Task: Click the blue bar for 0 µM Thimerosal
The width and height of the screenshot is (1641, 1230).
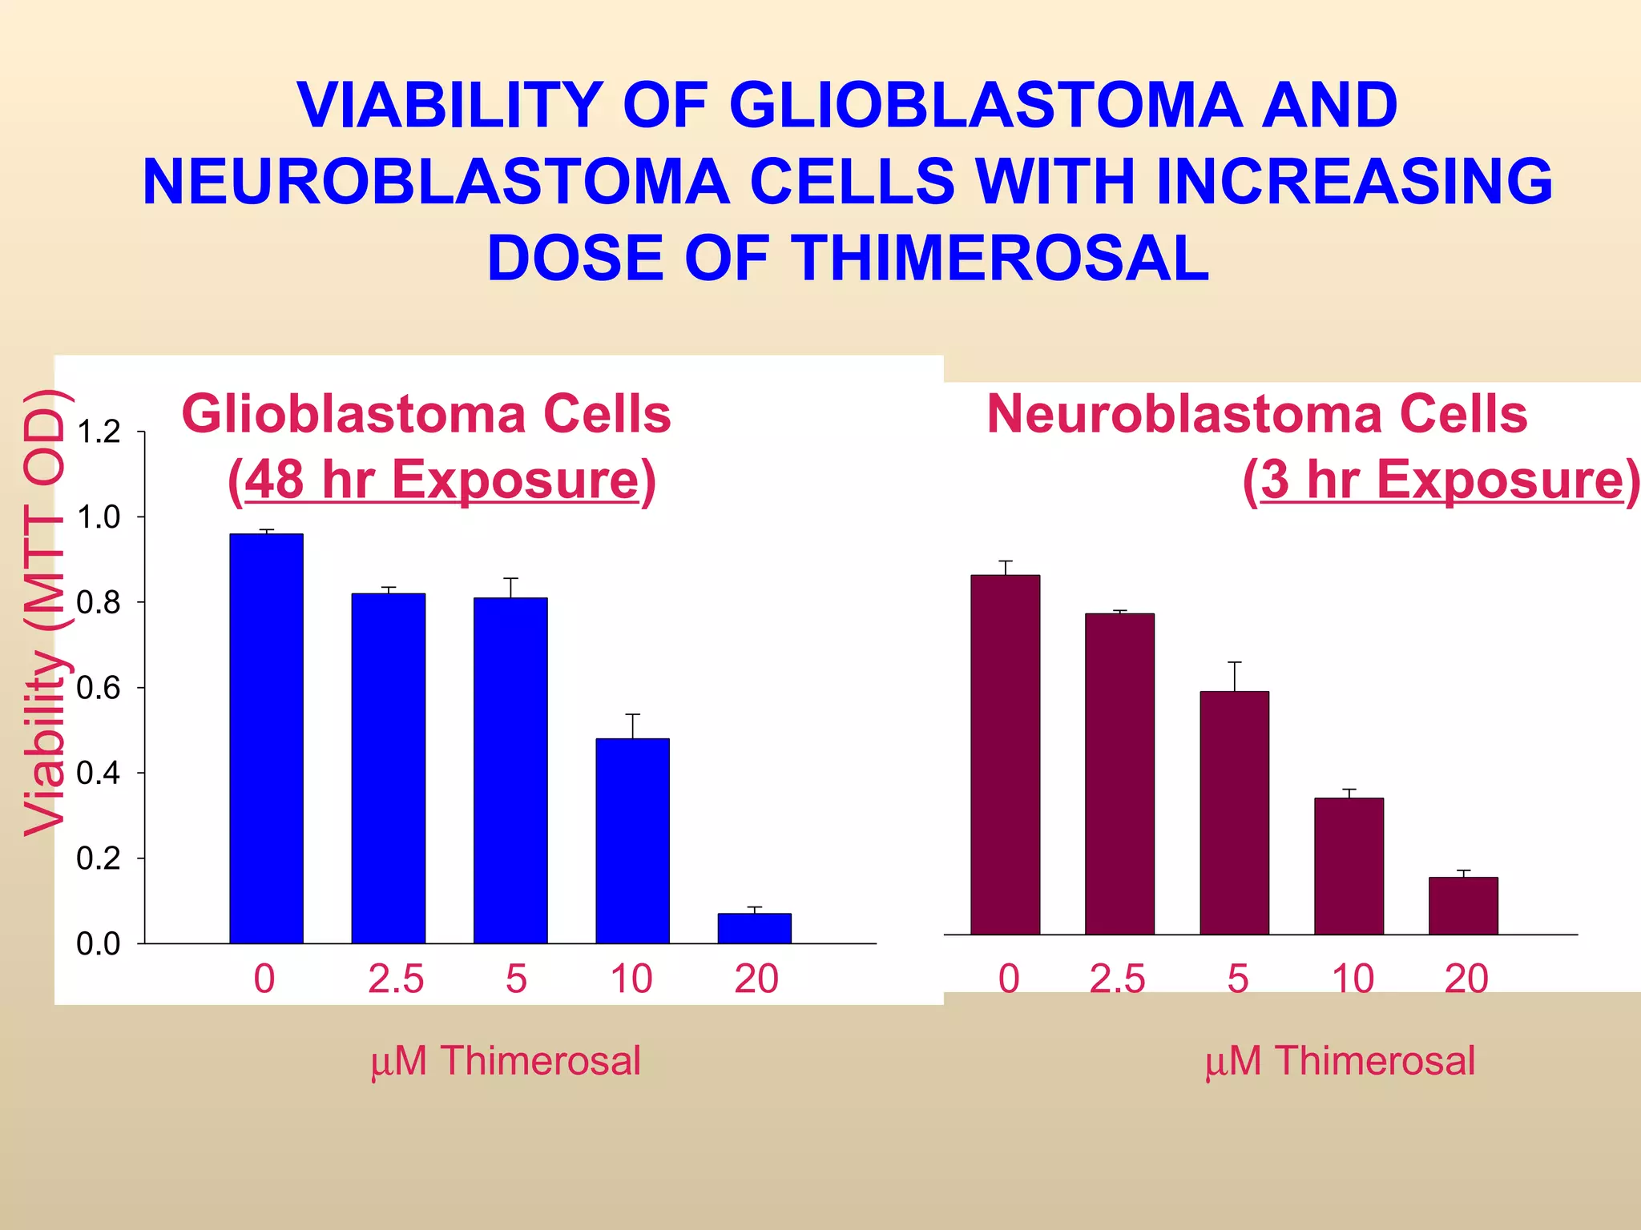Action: [266, 737]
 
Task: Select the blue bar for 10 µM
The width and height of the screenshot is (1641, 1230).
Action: [632, 841]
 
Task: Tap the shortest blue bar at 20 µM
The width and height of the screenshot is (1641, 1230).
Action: [754, 928]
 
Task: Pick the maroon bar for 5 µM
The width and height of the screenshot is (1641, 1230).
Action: [1234, 813]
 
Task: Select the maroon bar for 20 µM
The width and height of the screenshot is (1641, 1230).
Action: [1463, 906]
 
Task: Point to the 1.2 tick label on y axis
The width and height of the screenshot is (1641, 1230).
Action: [98, 432]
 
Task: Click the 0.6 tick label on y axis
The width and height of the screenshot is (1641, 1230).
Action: [98, 688]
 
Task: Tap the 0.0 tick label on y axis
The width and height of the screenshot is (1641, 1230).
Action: [98, 944]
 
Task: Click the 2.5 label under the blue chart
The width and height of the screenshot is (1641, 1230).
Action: [396, 979]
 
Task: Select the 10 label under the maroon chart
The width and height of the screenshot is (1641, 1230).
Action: [1353, 979]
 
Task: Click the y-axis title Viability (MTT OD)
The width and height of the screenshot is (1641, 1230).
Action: [44, 613]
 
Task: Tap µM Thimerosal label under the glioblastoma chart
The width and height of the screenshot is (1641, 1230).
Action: [506, 1061]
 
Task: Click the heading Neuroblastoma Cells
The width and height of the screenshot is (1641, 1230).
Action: [1256, 415]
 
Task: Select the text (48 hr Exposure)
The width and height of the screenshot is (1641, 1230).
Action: [441, 480]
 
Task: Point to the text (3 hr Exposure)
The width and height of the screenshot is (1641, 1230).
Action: [1441, 480]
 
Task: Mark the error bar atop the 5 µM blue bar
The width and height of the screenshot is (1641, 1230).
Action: [510, 587]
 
